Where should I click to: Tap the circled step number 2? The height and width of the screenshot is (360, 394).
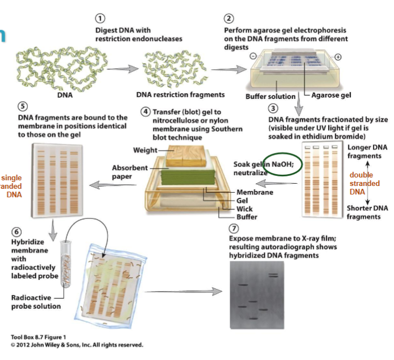229,18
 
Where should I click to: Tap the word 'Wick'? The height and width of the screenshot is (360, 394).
244,209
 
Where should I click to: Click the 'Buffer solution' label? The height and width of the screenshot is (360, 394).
270,96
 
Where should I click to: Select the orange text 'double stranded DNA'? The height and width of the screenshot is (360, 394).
364,183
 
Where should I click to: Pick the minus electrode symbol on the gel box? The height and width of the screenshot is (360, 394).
252,56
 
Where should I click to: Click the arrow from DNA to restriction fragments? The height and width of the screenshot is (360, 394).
122,69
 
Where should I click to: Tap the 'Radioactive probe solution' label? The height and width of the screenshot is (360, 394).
36,301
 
